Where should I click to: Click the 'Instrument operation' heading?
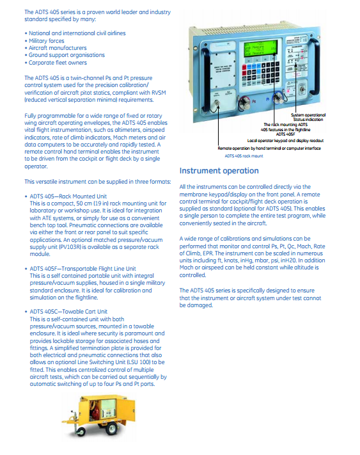[x=219, y=171]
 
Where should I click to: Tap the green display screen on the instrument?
[x=259, y=49]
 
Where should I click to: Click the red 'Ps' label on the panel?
[x=254, y=101]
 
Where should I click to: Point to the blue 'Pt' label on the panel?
[x=268, y=99]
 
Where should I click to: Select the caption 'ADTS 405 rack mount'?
[x=244, y=156]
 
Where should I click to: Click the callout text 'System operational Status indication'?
[x=308, y=117]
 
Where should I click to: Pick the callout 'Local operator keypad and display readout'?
[x=285, y=141]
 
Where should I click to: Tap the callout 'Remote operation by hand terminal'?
[x=269, y=148]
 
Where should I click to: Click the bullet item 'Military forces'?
[x=47, y=41]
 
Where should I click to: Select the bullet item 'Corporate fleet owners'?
[x=58, y=63]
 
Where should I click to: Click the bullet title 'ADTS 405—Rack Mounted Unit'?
[x=68, y=196]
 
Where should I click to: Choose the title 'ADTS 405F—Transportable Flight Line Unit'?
[x=82, y=269]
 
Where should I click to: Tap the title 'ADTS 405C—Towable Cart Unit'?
[x=68, y=312]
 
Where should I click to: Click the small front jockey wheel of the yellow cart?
[x=81, y=432]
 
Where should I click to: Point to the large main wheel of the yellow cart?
[x=112, y=429]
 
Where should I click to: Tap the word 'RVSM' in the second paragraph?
[x=159, y=93]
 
